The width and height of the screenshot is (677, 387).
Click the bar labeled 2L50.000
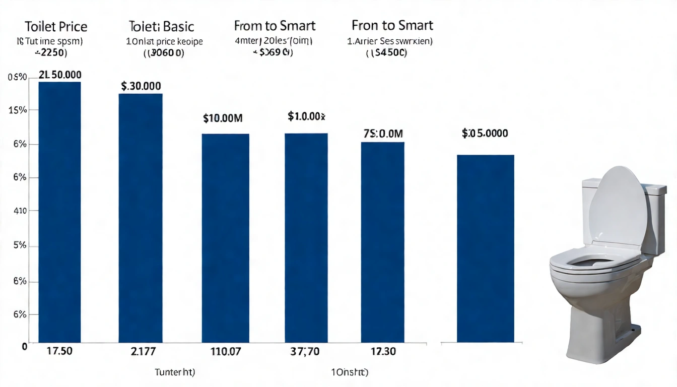pyautogui.click(x=59, y=212)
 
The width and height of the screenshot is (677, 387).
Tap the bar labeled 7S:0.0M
pyautogui.click(x=382, y=242)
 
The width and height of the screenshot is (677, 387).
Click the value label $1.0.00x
pyautogui.click(x=306, y=116)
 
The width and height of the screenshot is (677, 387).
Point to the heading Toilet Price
pyautogui.click(x=55, y=26)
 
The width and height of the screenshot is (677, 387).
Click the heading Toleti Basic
pyautogui.click(x=161, y=26)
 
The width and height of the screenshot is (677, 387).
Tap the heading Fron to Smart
pyautogui.click(x=392, y=25)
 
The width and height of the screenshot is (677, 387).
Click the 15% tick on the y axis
pyautogui.click(x=18, y=110)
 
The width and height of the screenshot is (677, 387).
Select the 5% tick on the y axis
pyautogui.click(x=19, y=246)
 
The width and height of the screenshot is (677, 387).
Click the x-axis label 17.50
pyautogui.click(x=59, y=351)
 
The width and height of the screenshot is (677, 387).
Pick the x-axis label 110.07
pyautogui.click(x=225, y=351)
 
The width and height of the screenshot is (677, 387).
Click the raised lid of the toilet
pyautogui.click(x=618, y=207)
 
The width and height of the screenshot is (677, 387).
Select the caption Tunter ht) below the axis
pyautogui.click(x=175, y=373)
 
